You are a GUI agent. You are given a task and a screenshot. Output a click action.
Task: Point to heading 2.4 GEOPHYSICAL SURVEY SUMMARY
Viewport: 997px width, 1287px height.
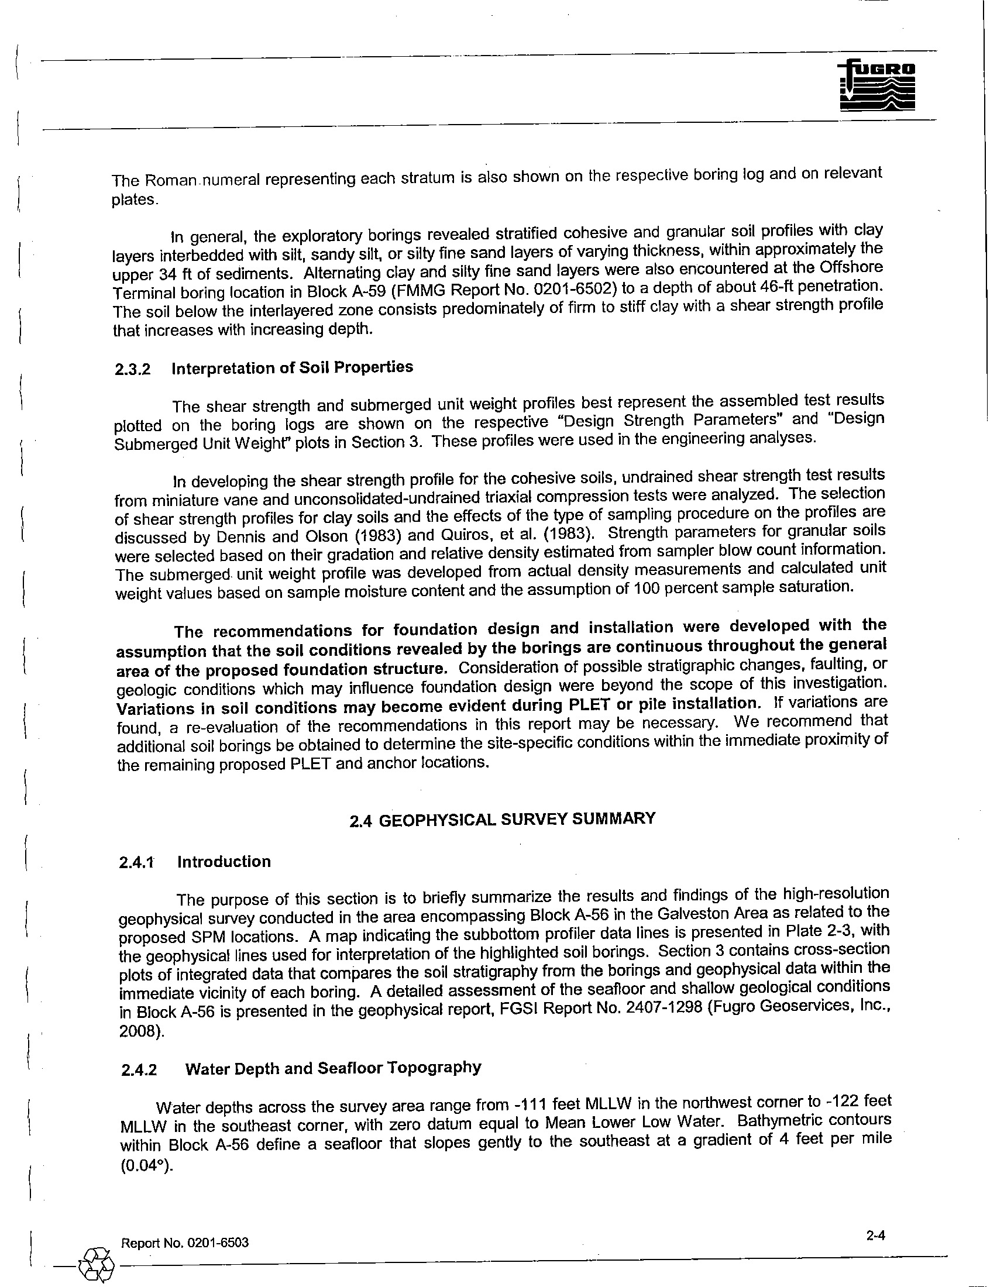[502, 820]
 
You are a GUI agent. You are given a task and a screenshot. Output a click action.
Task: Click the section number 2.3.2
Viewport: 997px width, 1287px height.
[133, 370]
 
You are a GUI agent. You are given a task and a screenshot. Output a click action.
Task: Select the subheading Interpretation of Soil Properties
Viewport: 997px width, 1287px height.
[293, 368]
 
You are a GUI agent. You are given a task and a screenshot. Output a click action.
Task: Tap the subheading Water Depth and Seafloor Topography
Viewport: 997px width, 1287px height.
[333, 1068]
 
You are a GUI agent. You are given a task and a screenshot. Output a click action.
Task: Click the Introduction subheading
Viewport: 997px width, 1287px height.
[224, 862]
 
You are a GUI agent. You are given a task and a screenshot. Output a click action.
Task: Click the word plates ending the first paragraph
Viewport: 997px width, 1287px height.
[135, 199]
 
